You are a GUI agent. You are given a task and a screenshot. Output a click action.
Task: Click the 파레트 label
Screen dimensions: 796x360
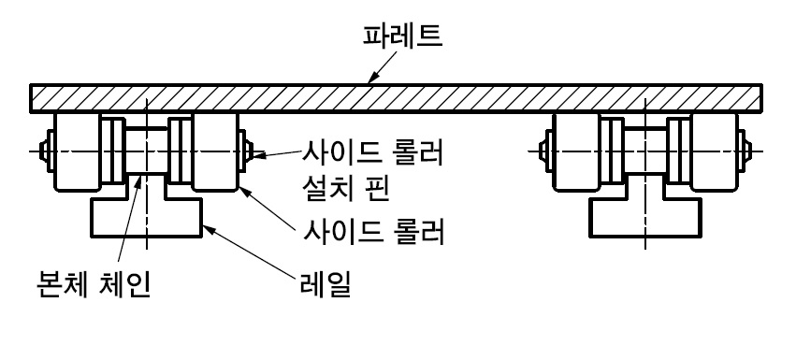coord(402,36)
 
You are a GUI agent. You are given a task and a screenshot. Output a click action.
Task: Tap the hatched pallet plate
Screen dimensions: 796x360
coord(396,98)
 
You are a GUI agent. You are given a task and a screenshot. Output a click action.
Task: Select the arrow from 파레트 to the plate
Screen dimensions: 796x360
coord(383,67)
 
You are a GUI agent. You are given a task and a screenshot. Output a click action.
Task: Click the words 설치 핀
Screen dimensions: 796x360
coord(346,188)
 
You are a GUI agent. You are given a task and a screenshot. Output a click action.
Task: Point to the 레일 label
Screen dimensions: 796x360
coord(326,285)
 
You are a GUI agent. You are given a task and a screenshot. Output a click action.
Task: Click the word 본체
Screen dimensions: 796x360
coord(61,284)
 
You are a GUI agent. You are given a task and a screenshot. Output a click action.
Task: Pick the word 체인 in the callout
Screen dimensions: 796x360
coord(123,284)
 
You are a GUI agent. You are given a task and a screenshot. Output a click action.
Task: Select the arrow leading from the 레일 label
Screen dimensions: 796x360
coord(249,252)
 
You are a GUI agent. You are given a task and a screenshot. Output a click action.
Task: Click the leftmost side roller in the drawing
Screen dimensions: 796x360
coord(77,151)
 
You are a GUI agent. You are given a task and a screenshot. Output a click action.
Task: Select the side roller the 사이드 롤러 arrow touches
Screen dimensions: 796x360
coord(215,151)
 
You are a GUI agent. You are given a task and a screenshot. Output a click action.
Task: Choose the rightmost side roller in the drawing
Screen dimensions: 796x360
coord(715,151)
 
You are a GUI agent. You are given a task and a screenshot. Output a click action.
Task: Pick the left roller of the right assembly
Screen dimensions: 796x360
coord(576,151)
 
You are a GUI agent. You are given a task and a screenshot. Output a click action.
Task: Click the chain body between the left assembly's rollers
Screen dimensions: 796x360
coord(146,151)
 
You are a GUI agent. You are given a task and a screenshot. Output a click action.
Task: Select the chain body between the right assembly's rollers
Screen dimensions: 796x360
coord(645,151)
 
